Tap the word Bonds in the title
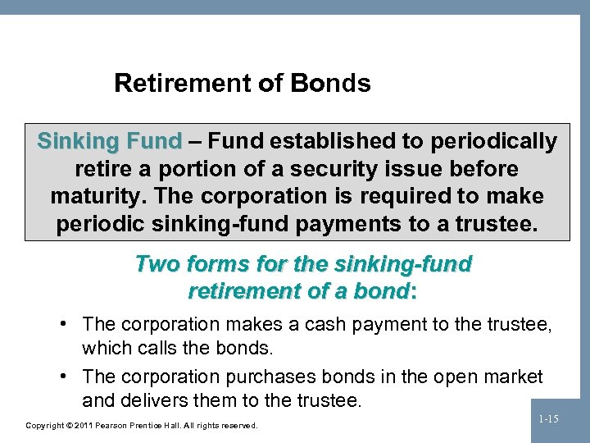(x=335, y=83)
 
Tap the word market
(x=511, y=377)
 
